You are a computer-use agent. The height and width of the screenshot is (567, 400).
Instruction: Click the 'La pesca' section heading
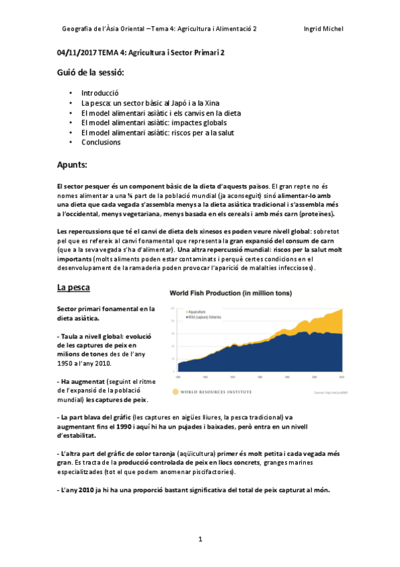point(73,288)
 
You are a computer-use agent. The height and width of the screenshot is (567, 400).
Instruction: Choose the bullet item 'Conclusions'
point(101,142)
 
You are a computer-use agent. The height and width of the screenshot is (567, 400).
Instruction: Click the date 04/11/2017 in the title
point(77,51)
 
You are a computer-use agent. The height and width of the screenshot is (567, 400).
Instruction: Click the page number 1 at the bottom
point(200,538)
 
